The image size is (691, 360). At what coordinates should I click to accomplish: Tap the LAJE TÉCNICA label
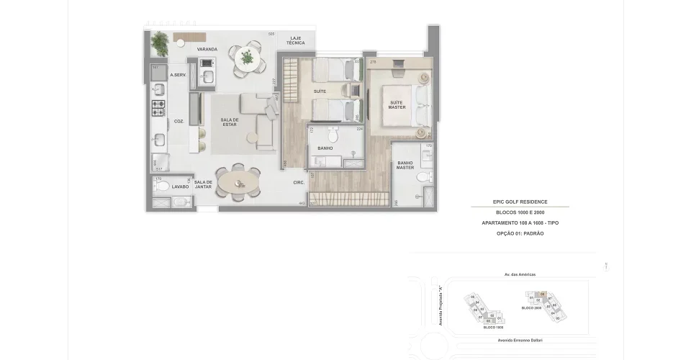point(296,40)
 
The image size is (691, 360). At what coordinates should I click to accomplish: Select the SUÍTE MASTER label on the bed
point(397,105)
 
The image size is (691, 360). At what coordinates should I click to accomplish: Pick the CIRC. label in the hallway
point(299,183)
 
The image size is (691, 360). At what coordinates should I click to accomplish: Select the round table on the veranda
point(247,58)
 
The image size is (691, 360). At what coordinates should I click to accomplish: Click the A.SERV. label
point(178,76)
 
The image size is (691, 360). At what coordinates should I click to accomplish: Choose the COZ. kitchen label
point(179,122)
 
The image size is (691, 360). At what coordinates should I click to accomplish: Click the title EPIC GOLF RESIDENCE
point(520,202)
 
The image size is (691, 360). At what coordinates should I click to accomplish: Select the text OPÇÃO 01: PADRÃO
point(520,234)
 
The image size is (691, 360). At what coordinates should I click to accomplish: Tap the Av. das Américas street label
point(520,274)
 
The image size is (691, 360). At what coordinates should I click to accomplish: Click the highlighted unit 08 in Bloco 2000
point(542,294)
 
